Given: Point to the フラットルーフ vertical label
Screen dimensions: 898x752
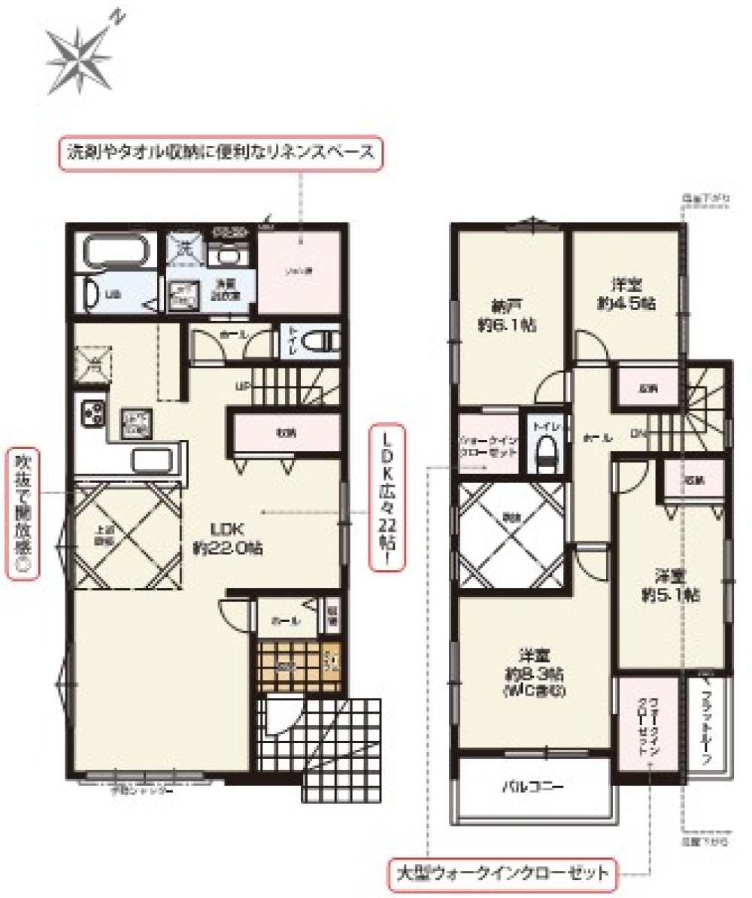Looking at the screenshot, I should point(706,727).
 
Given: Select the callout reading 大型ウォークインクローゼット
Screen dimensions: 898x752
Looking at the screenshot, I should point(502,874).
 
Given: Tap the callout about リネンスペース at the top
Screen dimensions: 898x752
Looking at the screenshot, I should point(221,153).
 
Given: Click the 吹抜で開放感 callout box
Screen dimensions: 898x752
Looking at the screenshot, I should point(22,514).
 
